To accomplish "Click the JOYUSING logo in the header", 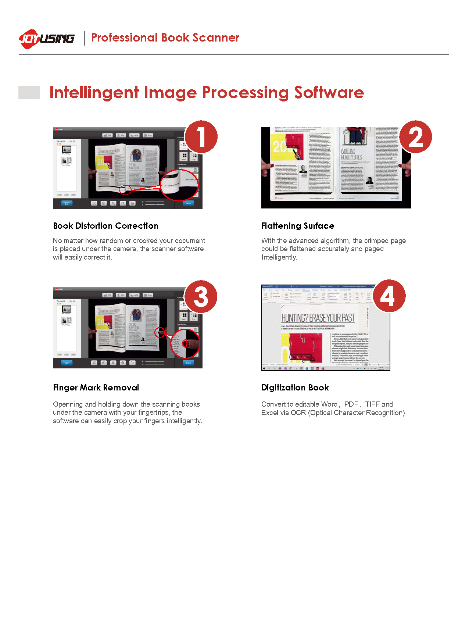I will [x=46, y=38].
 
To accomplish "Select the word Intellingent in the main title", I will [x=94, y=92].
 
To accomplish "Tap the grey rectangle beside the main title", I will [x=29, y=93].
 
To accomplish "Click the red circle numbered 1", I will [x=201, y=137].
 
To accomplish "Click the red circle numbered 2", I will [x=415, y=137].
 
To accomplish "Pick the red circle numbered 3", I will [x=201, y=297].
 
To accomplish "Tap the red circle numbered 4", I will [x=389, y=296].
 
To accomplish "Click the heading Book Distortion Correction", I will [x=105, y=226].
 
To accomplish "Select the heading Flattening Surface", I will [x=298, y=226].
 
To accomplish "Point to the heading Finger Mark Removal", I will [x=96, y=388].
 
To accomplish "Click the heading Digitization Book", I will [x=295, y=388].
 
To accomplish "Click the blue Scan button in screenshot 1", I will [x=188, y=203].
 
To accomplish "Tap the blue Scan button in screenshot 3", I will [x=188, y=363].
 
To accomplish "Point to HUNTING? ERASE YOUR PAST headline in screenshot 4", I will [x=318, y=318].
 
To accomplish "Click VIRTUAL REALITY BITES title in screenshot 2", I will [x=351, y=154].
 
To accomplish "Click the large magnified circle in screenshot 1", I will [x=179, y=185].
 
